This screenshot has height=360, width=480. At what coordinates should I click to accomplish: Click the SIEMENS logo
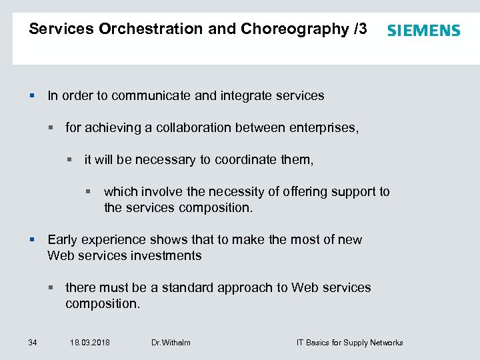pos(423,31)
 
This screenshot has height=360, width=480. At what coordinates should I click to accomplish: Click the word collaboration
pos(198,127)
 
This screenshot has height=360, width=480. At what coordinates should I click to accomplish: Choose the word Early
pos(62,239)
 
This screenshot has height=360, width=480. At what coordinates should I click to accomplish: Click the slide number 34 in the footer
pos(33,343)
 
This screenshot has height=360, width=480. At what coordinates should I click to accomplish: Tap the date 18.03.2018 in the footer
pos(90,343)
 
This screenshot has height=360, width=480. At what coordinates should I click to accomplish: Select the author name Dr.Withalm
pos(171,343)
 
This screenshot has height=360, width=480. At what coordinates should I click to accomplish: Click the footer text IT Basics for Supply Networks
pos(349,343)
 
